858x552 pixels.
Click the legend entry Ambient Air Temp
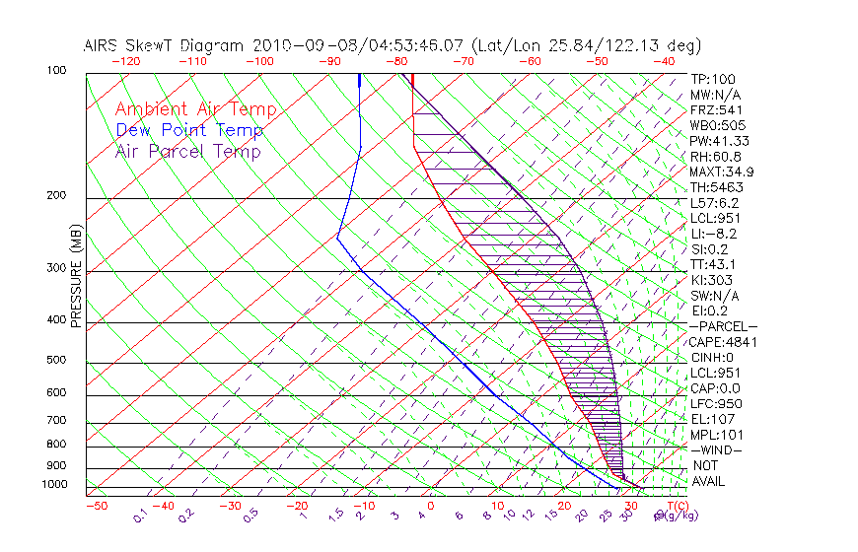click(x=195, y=109)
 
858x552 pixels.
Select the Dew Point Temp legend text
click(x=189, y=130)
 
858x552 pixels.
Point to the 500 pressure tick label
click(x=56, y=361)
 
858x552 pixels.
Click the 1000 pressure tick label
click(x=53, y=485)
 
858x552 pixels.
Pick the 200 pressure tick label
click(x=56, y=195)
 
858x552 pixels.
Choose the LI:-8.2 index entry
click(x=713, y=234)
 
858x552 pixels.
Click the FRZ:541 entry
click(x=716, y=109)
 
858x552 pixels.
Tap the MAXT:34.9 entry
click(x=721, y=172)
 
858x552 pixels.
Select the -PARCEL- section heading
click(x=724, y=326)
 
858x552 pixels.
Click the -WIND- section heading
click(x=716, y=449)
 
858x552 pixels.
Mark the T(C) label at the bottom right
click(x=676, y=506)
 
